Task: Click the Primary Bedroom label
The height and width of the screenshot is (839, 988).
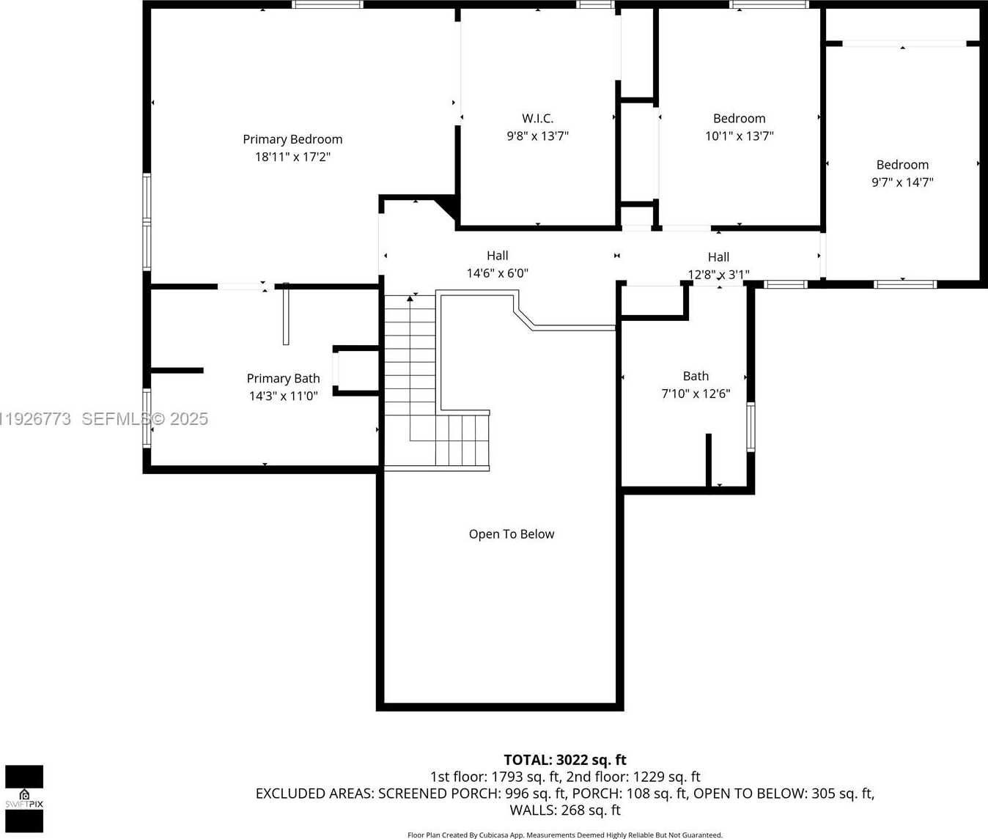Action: pos(292,139)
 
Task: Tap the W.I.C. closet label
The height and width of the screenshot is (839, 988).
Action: pos(537,119)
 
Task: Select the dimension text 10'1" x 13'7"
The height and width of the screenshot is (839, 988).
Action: pos(739,136)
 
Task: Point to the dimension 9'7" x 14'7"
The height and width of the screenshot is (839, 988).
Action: pos(902,182)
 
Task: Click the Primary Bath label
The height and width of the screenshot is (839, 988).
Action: pos(283,379)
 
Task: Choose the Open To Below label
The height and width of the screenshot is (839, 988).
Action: pos(512,534)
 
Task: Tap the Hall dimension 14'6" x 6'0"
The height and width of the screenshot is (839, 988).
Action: pos(497,273)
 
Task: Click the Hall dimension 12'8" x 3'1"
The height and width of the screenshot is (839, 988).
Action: pos(718,275)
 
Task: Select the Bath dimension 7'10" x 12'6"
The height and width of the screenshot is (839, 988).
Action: pos(696,394)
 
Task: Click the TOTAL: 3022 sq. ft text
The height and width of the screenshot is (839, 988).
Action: pos(564,760)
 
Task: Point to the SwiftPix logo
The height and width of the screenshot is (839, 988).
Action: pos(24,799)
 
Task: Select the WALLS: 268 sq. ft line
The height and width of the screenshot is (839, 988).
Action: pos(564,810)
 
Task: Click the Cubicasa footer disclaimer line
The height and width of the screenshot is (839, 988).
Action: pos(564,835)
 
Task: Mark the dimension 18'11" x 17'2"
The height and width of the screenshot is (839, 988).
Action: pos(292,157)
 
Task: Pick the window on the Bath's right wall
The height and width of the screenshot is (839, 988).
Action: pos(751,426)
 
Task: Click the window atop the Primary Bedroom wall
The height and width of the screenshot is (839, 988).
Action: pos(327,4)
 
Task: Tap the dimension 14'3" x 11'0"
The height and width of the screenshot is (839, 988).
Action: pos(283,396)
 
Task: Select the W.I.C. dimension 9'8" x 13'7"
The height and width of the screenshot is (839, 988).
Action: pos(537,136)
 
